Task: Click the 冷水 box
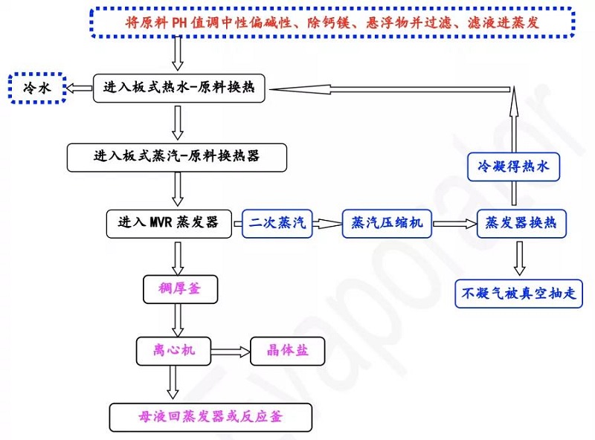click(x=37, y=88)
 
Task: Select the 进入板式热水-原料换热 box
click(x=179, y=88)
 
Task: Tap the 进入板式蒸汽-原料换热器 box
click(x=176, y=157)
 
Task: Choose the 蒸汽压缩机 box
click(x=387, y=223)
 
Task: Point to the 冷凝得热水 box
click(x=513, y=168)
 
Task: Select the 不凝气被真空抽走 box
click(x=519, y=293)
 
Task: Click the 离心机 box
click(x=176, y=350)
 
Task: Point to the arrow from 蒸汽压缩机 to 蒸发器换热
click(x=454, y=223)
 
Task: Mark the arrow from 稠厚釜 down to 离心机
click(x=178, y=318)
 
